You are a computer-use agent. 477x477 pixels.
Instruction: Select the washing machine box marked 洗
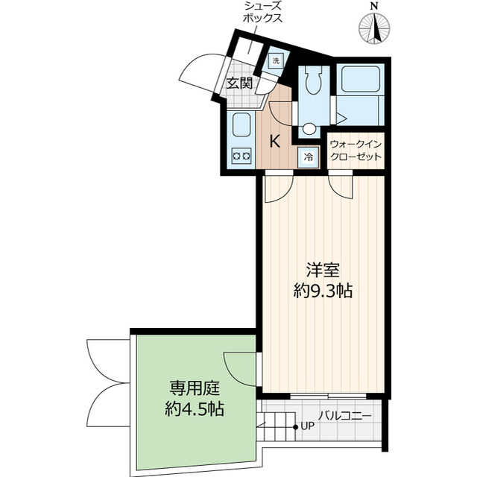point(275,60)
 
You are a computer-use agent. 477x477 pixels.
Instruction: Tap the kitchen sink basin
point(241,125)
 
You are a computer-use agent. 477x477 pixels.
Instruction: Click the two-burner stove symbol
point(241,156)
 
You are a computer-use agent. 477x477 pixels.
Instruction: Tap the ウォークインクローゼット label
point(356,151)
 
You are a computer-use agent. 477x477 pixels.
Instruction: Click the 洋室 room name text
point(322,269)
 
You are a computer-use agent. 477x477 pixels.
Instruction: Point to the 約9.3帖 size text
point(322,291)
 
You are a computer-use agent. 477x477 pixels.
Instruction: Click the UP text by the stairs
point(309,427)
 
